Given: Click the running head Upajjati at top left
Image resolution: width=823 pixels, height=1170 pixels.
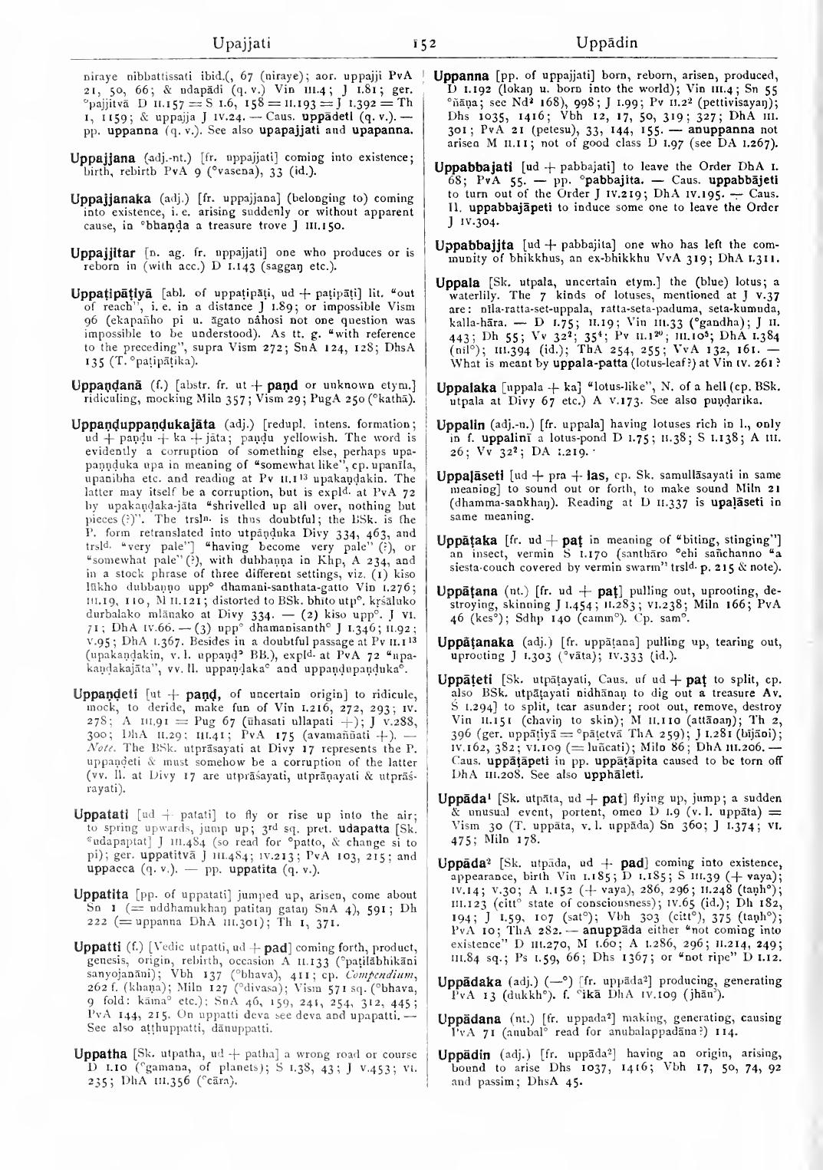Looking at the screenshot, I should click(242, 43).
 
